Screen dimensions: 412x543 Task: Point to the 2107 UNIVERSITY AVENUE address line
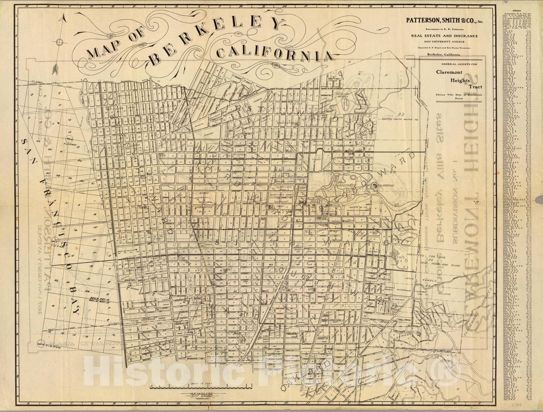pos(445,42)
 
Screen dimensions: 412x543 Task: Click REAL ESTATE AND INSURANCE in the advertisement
pos(445,36)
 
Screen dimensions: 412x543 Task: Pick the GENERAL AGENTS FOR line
pos(445,64)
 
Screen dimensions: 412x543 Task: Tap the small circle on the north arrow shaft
pos(60,42)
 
